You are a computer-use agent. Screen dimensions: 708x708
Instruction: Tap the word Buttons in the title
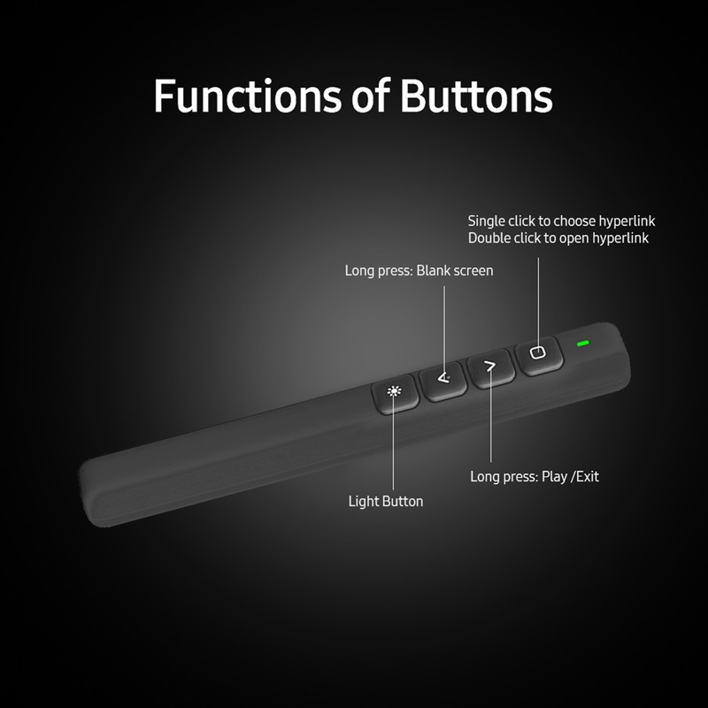click(x=476, y=96)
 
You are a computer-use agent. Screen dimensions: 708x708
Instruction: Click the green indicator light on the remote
click(x=582, y=343)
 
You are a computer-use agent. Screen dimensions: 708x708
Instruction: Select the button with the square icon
click(x=538, y=354)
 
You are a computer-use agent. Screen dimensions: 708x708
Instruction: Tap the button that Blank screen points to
click(x=443, y=380)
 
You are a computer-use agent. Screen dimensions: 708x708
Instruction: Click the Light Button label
click(x=386, y=502)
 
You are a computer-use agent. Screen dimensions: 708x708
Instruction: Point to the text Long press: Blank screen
click(x=419, y=270)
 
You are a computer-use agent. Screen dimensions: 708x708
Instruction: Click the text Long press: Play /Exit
click(x=534, y=476)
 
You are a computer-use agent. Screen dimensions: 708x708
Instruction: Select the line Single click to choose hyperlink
click(x=561, y=220)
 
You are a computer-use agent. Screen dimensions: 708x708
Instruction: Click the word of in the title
click(x=368, y=96)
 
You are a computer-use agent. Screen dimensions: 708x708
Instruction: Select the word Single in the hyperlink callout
click(x=487, y=220)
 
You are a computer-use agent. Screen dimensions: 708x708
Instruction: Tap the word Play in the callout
click(x=554, y=476)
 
